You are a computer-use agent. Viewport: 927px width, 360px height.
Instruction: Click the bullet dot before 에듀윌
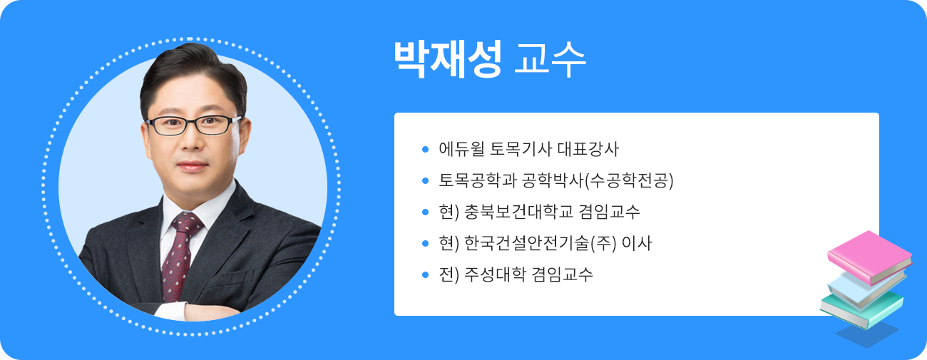426,150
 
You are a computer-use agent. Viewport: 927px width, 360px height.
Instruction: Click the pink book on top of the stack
869,252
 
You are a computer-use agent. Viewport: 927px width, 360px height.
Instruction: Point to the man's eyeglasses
193,125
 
